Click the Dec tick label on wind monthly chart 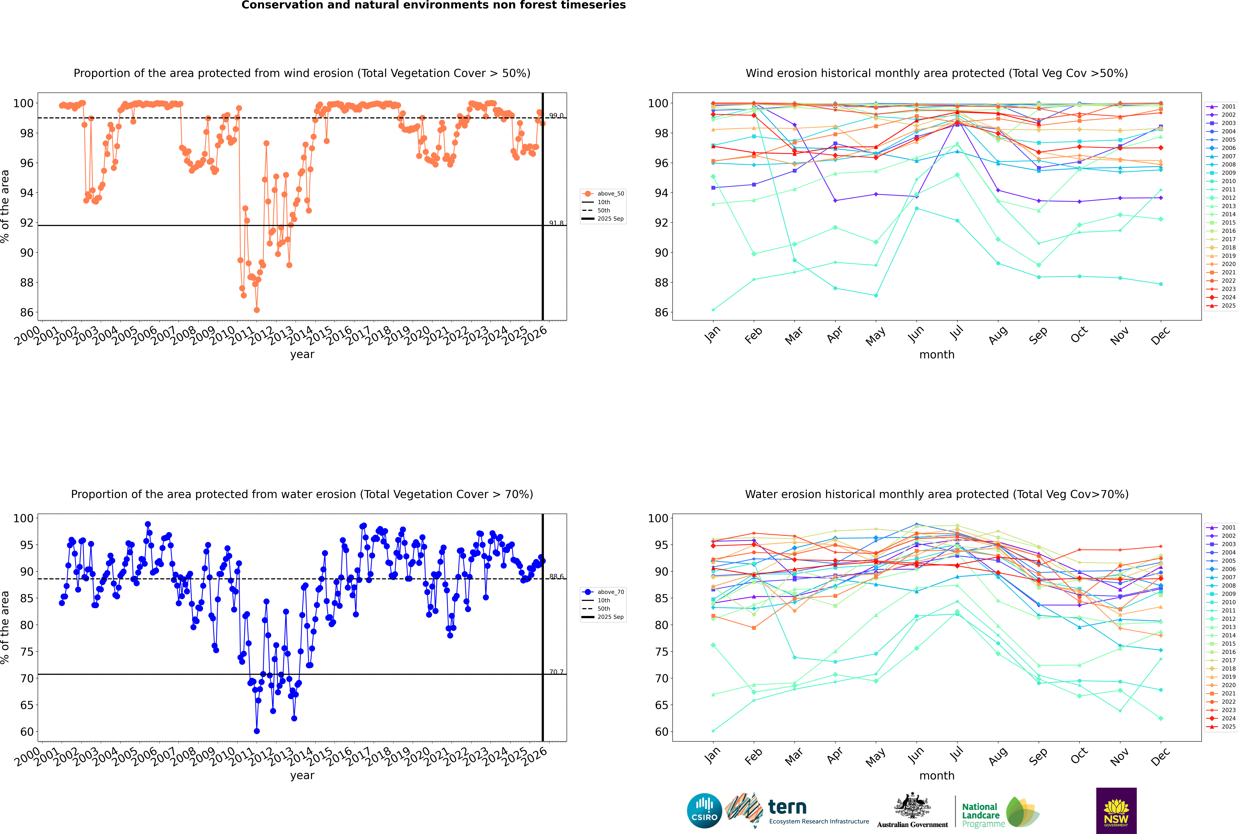(x=1160, y=335)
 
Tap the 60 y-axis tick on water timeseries (x=27, y=732)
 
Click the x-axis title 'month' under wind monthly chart (x=937, y=355)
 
